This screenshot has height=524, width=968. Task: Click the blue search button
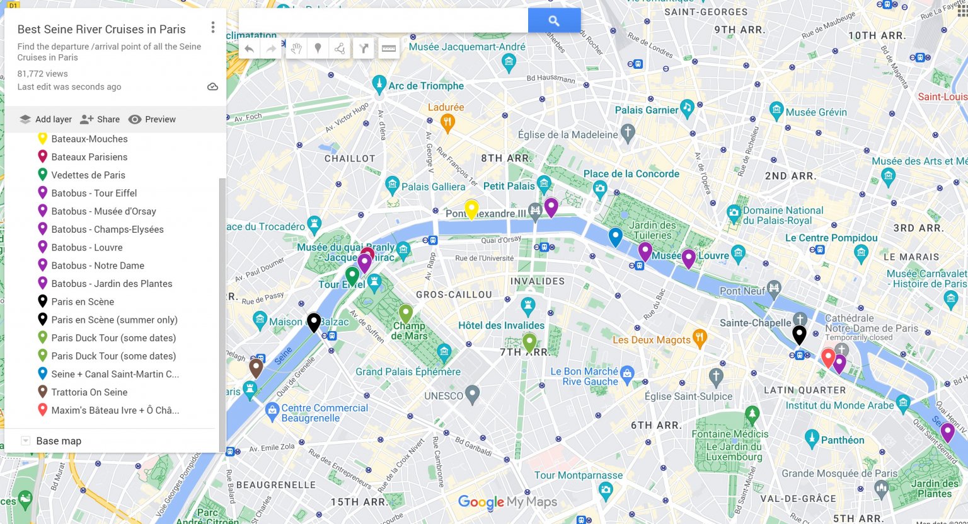554,21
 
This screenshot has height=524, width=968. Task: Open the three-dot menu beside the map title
213,27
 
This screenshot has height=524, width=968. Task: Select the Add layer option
45,119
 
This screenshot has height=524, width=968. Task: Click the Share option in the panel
100,119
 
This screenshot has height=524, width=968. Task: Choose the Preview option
152,119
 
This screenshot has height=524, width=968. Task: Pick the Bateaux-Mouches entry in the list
89,139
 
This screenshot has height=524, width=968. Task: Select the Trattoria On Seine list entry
89,392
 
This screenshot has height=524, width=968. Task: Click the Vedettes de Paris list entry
88,175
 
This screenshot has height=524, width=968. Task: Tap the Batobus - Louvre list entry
86,248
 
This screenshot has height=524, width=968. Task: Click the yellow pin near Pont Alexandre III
471,208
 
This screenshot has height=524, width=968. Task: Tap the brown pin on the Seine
255,367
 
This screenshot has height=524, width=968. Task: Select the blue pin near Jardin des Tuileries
615,236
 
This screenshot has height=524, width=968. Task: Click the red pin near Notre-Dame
828,357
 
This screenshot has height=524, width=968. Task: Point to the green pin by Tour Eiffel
352,275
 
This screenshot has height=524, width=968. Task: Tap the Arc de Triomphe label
425,86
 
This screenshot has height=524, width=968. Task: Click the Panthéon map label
842,440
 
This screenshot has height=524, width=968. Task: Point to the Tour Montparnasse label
578,475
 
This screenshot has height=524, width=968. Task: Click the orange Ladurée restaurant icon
447,122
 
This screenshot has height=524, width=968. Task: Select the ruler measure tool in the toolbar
389,49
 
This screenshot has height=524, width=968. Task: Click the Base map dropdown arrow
26,441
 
